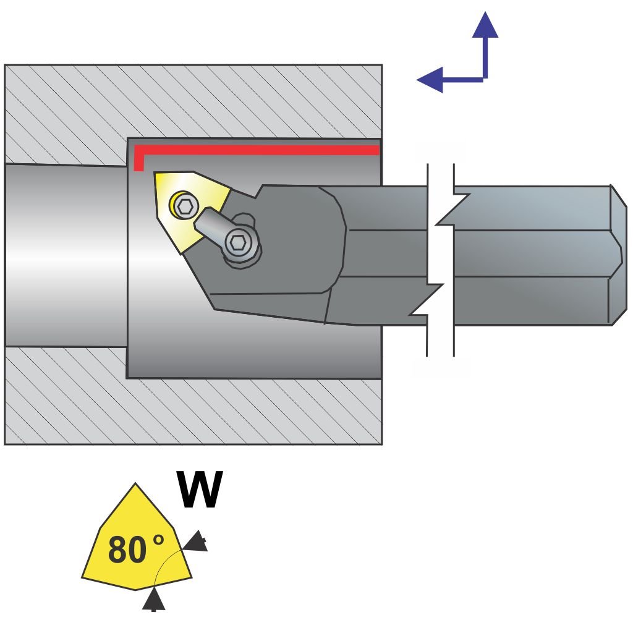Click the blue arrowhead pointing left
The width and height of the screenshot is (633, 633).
[431, 79]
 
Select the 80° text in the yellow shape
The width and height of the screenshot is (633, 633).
[137, 550]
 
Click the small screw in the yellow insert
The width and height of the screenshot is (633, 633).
[184, 206]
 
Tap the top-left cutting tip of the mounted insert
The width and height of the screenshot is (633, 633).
[156, 176]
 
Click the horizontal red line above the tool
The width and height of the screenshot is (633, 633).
[260, 150]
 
